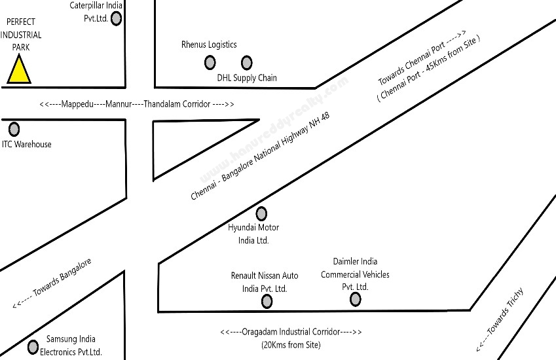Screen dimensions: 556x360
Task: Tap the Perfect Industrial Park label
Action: (21, 35)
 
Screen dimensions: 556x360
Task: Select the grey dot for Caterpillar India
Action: (116, 18)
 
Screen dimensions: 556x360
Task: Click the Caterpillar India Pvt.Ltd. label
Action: (96, 12)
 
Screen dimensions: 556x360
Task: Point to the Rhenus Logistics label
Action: (209, 45)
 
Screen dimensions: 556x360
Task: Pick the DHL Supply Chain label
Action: (247, 78)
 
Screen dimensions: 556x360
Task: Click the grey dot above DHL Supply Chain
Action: (246, 63)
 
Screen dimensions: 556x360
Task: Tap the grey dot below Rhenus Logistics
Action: (210, 63)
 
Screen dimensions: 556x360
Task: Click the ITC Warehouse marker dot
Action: (14, 130)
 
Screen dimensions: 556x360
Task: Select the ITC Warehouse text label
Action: (27, 144)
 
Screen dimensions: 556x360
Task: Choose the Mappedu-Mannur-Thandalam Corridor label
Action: (137, 104)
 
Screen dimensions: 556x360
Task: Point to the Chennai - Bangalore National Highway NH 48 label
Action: (260, 156)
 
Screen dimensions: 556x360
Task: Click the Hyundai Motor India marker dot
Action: (261, 213)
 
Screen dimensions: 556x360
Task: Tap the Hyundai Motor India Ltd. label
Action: (253, 234)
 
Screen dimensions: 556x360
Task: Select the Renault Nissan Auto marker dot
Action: (267, 302)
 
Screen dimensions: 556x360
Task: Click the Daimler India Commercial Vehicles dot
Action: (356, 299)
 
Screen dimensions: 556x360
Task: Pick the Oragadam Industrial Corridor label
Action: (291, 338)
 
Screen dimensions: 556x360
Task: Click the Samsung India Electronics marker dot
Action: (33, 348)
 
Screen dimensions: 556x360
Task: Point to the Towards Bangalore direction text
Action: (52, 283)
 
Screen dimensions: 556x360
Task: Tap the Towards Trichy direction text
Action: (500, 319)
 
